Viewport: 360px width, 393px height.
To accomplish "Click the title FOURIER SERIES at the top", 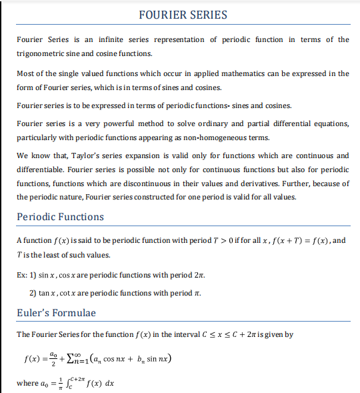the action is pos(183,15).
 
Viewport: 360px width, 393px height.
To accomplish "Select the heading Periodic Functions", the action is pos(61,217).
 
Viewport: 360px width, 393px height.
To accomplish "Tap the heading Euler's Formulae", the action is pos(57,313).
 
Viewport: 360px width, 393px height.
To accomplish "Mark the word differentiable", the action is pos(41,169).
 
